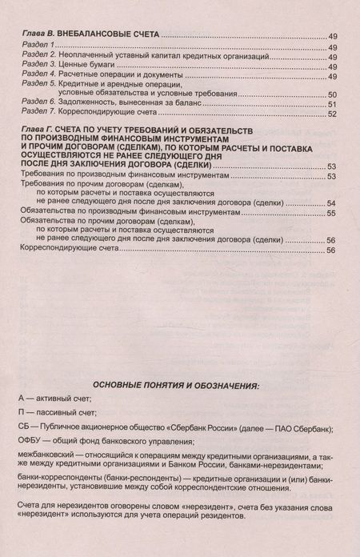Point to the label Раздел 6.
(x=35, y=103)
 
